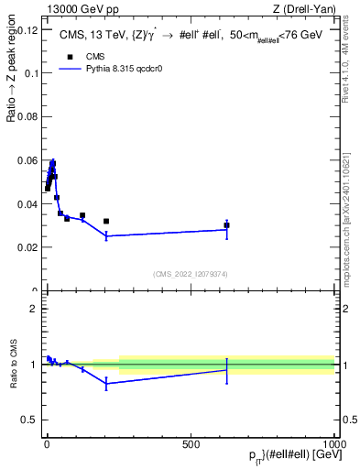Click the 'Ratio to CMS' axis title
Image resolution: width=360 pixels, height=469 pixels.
click(x=14, y=365)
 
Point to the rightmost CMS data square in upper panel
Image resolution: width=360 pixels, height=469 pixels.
click(x=226, y=225)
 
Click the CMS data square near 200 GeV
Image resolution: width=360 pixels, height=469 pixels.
click(x=106, y=221)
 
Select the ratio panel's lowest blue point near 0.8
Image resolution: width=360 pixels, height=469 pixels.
click(x=106, y=384)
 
